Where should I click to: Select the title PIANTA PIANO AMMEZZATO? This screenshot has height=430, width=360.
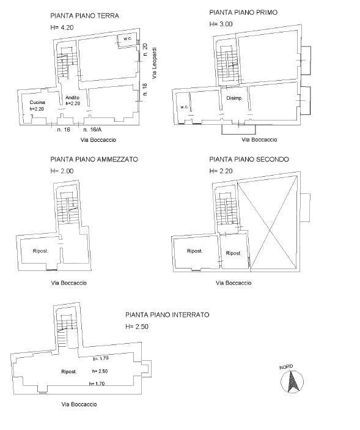click(94, 159)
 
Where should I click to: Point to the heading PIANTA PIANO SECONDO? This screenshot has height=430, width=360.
click(249, 159)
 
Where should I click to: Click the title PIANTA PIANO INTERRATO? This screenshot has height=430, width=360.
click(167, 315)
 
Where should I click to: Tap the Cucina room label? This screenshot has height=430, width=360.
click(29, 102)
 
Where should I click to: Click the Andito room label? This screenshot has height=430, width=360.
click(73, 97)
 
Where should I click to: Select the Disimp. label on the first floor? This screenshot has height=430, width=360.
click(235, 98)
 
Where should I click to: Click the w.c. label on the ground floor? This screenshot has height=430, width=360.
click(128, 39)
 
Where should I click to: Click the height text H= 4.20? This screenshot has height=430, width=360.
click(62, 28)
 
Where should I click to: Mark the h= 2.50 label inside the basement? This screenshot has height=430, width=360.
click(100, 371)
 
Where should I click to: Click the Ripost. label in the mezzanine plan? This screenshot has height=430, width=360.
click(40, 250)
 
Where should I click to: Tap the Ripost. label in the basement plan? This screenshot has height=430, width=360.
click(68, 371)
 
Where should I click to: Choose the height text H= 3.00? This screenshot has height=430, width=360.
click(221, 24)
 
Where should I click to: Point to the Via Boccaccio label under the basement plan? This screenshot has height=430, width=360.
click(79, 404)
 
